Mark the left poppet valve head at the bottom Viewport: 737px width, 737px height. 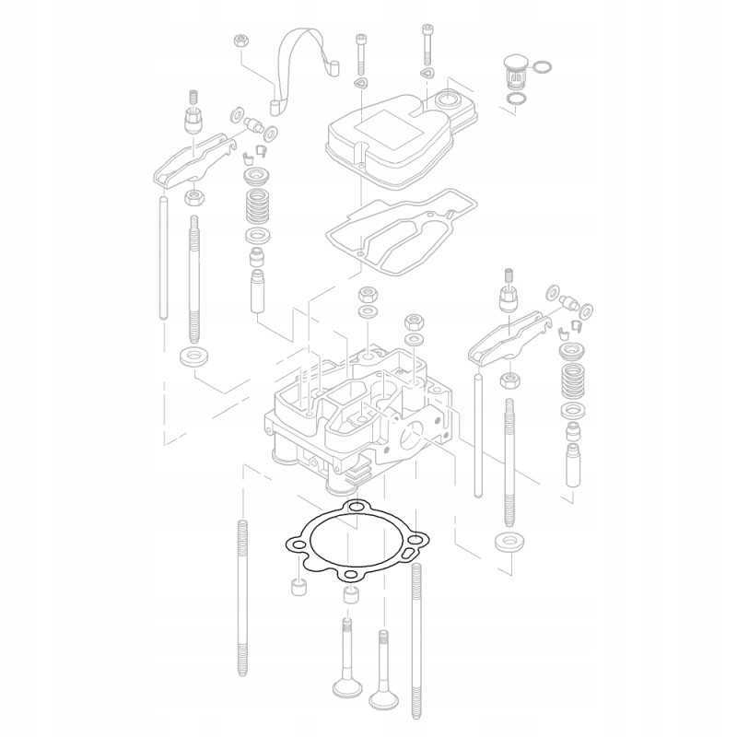(345, 686)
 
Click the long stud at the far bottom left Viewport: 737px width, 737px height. (242, 599)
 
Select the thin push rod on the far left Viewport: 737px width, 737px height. (163, 258)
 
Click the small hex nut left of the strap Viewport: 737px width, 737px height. (240, 41)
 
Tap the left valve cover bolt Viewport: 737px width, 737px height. (359, 55)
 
